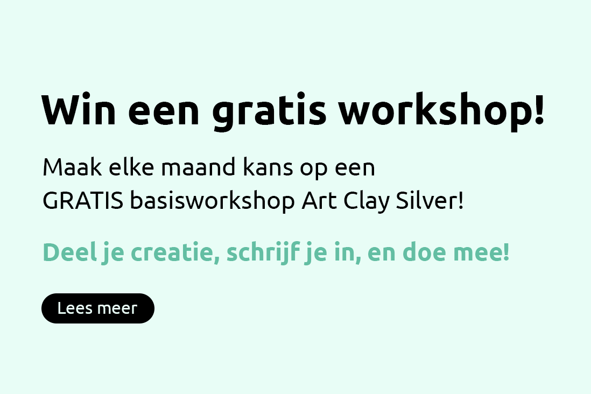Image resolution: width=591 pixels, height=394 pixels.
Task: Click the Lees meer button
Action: (x=98, y=308)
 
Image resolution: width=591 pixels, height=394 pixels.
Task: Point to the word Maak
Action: (x=72, y=167)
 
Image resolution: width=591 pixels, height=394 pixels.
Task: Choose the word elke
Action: (x=131, y=167)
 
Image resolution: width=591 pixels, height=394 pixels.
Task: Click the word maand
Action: (x=199, y=167)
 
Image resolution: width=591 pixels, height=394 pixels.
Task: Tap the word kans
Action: (x=268, y=167)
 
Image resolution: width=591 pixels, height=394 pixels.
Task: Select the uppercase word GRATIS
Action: (x=83, y=200)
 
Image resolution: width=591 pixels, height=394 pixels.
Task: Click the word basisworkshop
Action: (x=212, y=201)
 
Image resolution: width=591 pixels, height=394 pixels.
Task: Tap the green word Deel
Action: (x=70, y=252)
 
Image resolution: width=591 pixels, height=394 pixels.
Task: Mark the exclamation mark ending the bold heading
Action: (x=539, y=109)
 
